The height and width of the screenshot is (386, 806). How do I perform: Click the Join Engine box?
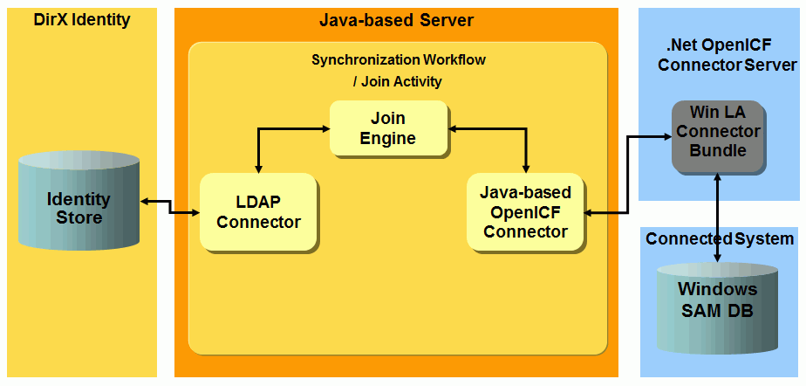(x=388, y=128)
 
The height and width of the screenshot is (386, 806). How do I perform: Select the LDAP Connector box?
(x=258, y=212)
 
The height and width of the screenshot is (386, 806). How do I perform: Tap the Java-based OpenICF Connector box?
(x=525, y=212)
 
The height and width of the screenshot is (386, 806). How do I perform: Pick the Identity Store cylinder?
(x=79, y=208)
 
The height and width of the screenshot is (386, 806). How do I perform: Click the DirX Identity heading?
(x=81, y=19)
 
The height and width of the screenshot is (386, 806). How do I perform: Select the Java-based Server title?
(x=396, y=19)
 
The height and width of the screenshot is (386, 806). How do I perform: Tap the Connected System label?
(x=720, y=238)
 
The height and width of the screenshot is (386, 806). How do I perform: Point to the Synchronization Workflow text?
(x=399, y=60)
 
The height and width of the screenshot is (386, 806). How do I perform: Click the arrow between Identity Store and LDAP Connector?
(x=169, y=206)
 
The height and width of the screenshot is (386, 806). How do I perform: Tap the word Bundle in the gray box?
(x=717, y=150)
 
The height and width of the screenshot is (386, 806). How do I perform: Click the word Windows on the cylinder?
(x=718, y=289)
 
